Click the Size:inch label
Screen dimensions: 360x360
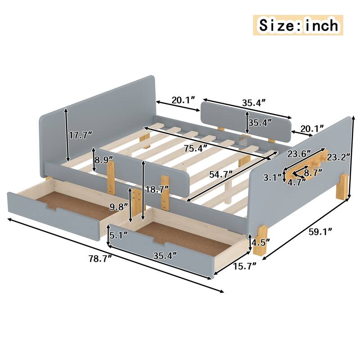[298, 25]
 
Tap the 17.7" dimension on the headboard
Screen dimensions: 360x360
[81, 134]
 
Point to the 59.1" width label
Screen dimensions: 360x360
[320, 232]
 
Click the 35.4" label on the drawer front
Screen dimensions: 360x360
[164, 256]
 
